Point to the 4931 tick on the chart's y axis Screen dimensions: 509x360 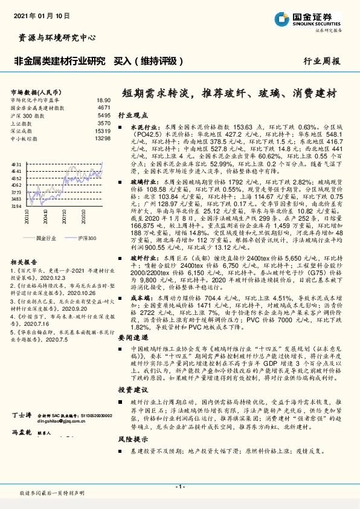click(x=16, y=164)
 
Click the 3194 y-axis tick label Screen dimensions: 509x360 click(x=16, y=207)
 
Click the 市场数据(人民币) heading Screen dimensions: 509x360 click(x=33, y=92)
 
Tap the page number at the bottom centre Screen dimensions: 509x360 click(x=179, y=487)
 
